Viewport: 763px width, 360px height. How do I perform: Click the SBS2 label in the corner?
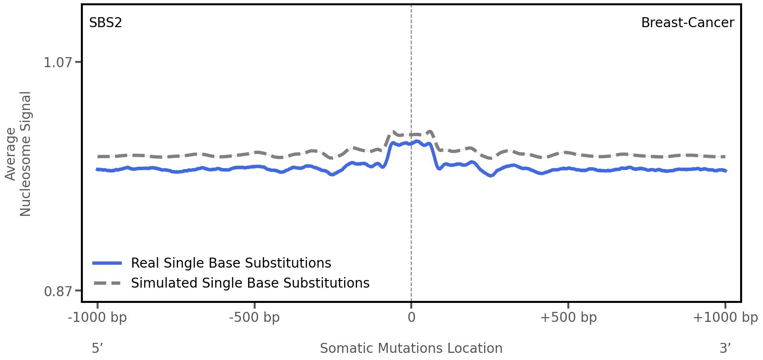(106, 23)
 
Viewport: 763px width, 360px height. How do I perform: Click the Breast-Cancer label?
(687, 23)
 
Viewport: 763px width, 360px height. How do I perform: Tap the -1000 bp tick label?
(98, 318)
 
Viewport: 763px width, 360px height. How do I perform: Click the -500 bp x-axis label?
(254, 318)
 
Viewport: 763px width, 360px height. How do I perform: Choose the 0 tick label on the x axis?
(411, 318)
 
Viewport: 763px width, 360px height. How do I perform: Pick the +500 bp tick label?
(568, 318)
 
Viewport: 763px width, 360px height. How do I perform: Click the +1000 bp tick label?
(725, 318)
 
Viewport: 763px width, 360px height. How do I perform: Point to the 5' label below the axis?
(98, 349)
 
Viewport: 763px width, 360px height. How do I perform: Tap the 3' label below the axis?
(725, 349)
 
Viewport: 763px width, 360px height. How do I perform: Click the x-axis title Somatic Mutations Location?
(411, 349)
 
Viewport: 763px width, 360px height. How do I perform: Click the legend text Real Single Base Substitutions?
(231, 263)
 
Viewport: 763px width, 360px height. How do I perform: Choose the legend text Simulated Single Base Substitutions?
(250, 283)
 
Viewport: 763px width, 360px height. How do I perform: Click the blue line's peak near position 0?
(417, 141)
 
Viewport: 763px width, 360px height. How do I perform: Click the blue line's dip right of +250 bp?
(492, 176)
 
